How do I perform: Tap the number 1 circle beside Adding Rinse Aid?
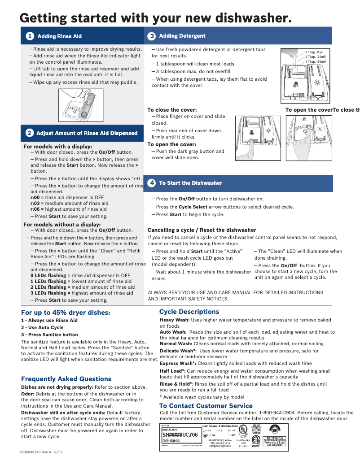pyautogui.click(x=29, y=36)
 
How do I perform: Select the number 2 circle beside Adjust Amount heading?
pyautogui.click(x=29, y=133)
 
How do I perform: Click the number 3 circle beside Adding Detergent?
pyautogui.click(x=152, y=36)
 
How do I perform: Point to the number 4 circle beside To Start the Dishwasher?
pyautogui.click(x=152, y=183)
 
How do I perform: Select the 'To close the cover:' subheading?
pyautogui.click(x=172, y=110)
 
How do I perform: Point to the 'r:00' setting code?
pyautogui.click(x=37, y=197)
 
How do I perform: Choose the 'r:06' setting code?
pyautogui.click(x=37, y=209)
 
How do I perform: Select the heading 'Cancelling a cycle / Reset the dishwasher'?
pyautogui.click(x=202, y=230)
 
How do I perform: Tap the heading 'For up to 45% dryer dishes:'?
pyautogui.click(x=66, y=313)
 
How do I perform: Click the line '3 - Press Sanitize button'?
pyautogui.click(x=49, y=335)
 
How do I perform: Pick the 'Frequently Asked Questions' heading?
pyautogui.click(x=66, y=379)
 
